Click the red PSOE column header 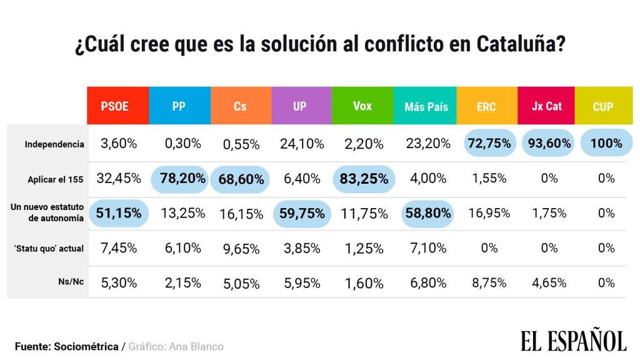117,106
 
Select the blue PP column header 179,106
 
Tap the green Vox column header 362,106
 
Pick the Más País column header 426,106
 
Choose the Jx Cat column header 547,106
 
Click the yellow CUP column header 602,106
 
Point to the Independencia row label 54,144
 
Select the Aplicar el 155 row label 55,179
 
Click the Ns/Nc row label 71,282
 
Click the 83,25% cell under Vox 364,179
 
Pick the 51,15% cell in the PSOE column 119,213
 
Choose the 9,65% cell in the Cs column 241,249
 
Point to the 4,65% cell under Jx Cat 549,282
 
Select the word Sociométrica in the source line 86,346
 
